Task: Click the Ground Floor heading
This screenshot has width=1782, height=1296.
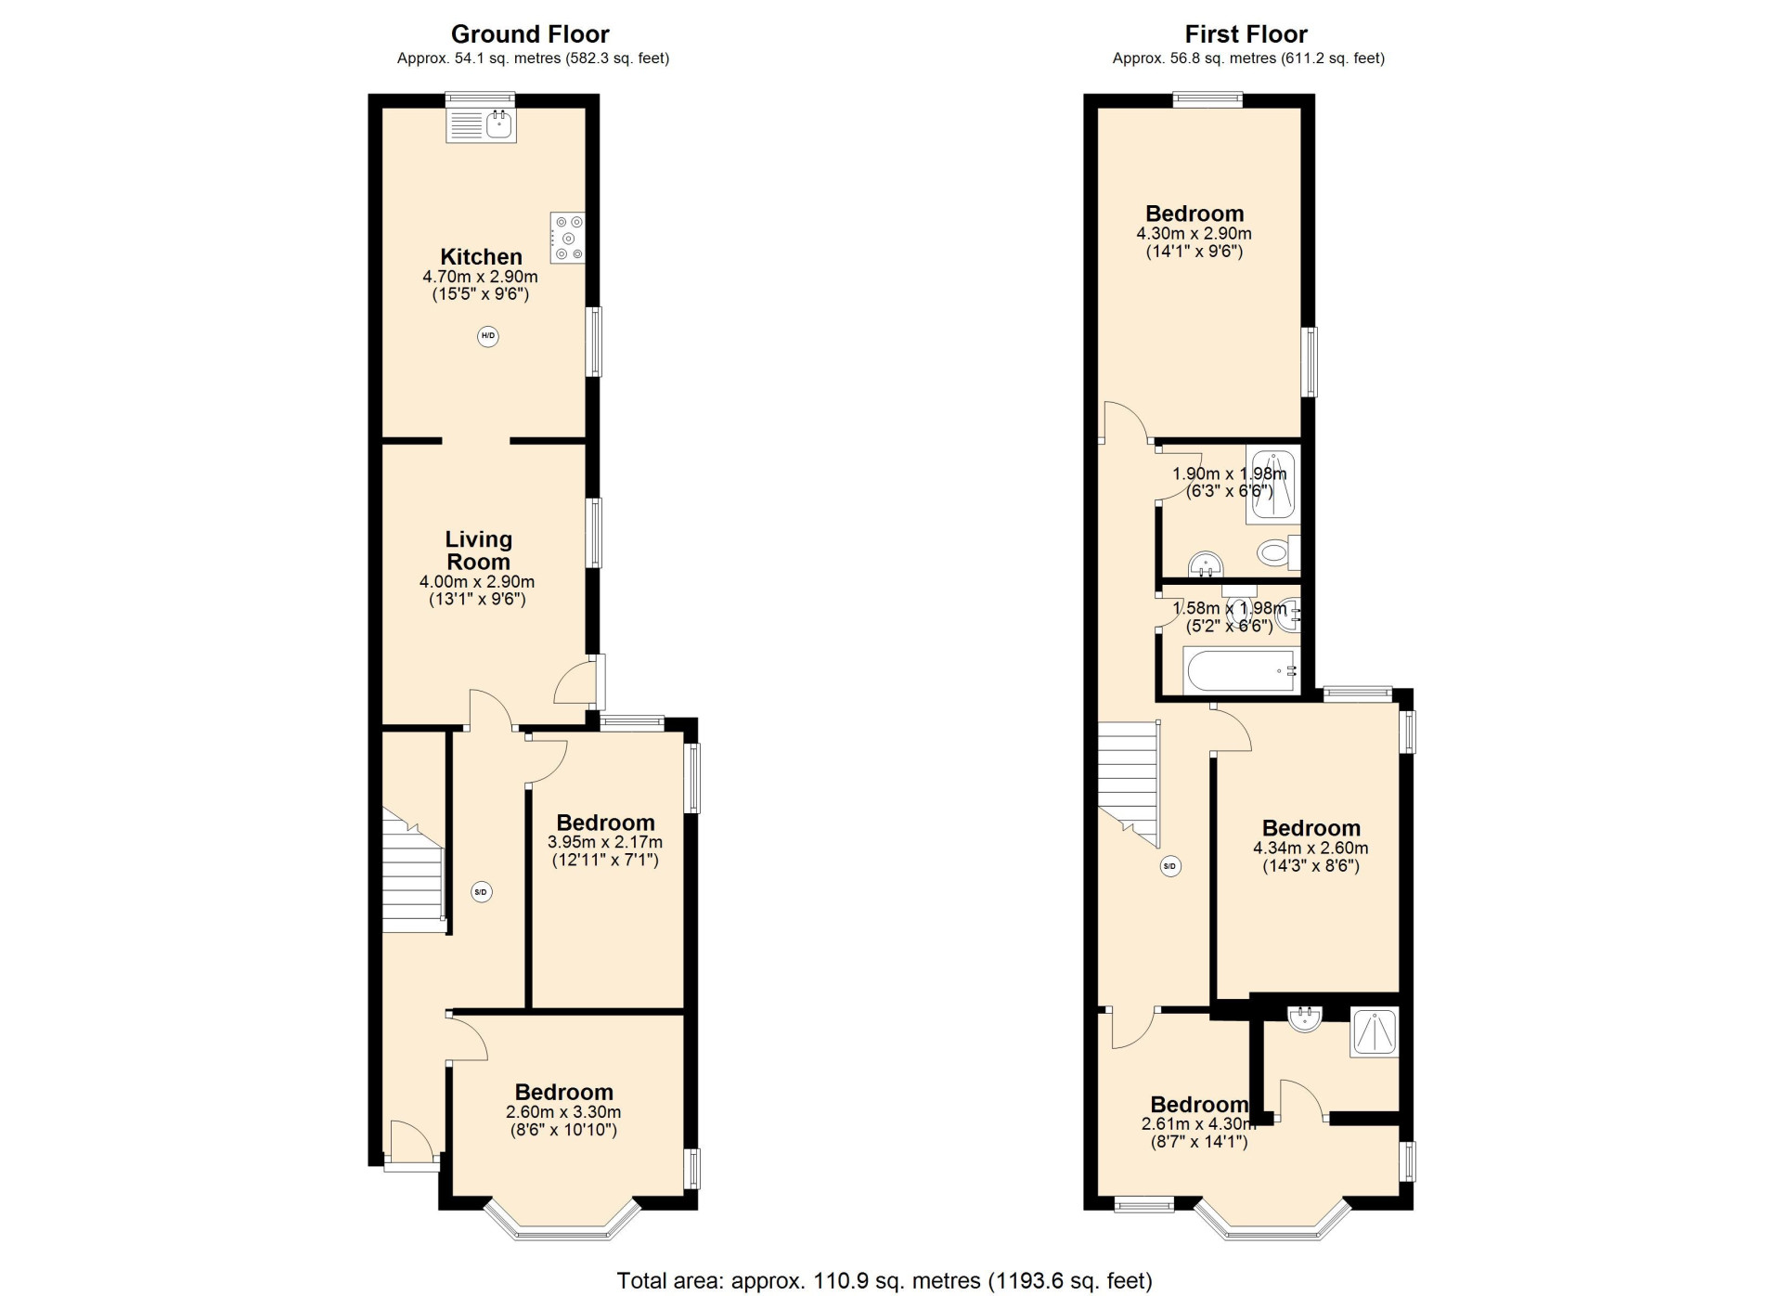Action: click(530, 34)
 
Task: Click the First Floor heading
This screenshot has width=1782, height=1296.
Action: click(1246, 34)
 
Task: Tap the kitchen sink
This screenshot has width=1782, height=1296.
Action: click(481, 125)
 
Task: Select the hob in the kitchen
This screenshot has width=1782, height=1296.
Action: click(568, 238)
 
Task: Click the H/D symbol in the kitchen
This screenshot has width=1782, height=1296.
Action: click(488, 336)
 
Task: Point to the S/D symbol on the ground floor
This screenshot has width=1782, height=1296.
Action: click(481, 892)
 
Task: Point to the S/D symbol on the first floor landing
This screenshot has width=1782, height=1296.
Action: click(1170, 866)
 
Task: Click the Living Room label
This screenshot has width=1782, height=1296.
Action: click(478, 551)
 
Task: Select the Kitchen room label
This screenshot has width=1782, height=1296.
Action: click(481, 256)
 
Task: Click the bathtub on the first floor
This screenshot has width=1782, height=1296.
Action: click(1240, 671)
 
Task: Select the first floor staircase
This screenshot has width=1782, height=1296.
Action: click(1130, 784)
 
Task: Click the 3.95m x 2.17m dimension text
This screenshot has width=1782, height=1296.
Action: click(605, 842)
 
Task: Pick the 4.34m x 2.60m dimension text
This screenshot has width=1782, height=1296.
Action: click(1311, 848)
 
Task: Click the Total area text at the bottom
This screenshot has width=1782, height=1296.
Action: click(885, 1281)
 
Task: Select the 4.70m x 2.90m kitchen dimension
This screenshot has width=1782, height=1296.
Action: click(480, 277)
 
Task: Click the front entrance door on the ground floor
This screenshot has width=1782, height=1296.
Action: click(412, 1142)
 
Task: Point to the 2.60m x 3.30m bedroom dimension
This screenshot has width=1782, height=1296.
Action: click(563, 1112)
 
